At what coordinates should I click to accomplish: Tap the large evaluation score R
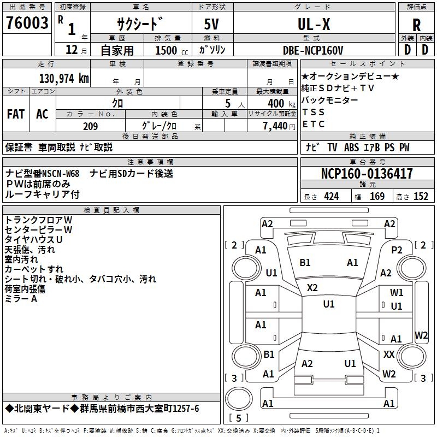(416, 25)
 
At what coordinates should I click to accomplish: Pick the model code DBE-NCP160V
(313, 50)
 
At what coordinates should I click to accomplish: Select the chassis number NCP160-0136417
(367, 174)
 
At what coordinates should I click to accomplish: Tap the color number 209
(91, 126)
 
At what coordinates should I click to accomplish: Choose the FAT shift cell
(16, 114)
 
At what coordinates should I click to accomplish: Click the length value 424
(331, 197)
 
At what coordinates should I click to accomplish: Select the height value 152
(421, 197)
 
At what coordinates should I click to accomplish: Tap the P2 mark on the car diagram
(397, 250)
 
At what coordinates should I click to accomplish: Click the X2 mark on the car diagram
(312, 287)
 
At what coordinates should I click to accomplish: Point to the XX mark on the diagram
(388, 355)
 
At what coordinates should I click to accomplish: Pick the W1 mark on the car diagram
(397, 293)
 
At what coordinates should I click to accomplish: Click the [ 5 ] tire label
(238, 418)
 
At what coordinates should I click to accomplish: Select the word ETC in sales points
(314, 124)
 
